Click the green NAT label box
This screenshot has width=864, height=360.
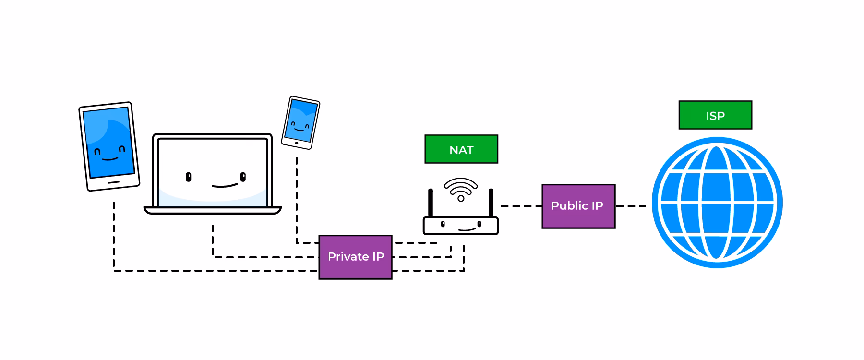tap(461, 149)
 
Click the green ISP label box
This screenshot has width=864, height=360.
tap(715, 115)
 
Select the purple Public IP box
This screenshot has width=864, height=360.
tap(578, 206)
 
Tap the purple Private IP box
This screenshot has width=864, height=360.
tap(356, 257)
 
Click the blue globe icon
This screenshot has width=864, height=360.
tap(717, 203)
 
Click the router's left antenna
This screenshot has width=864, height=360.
tap(431, 203)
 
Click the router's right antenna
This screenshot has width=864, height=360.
tap(491, 203)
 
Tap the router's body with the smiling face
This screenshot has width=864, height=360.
tap(461, 226)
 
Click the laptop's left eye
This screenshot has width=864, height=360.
tap(189, 177)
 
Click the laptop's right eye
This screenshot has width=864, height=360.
tap(243, 177)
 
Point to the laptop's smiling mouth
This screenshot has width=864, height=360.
tap(225, 185)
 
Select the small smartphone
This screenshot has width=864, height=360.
tap(300, 123)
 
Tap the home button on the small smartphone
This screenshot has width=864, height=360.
tap(297, 143)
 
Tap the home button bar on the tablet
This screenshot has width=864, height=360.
tap(114, 182)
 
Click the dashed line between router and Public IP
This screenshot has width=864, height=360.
tap(521, 206)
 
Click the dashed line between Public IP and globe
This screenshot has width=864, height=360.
tap(631, 206)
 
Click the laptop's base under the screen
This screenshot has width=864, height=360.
tap(213, 210)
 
